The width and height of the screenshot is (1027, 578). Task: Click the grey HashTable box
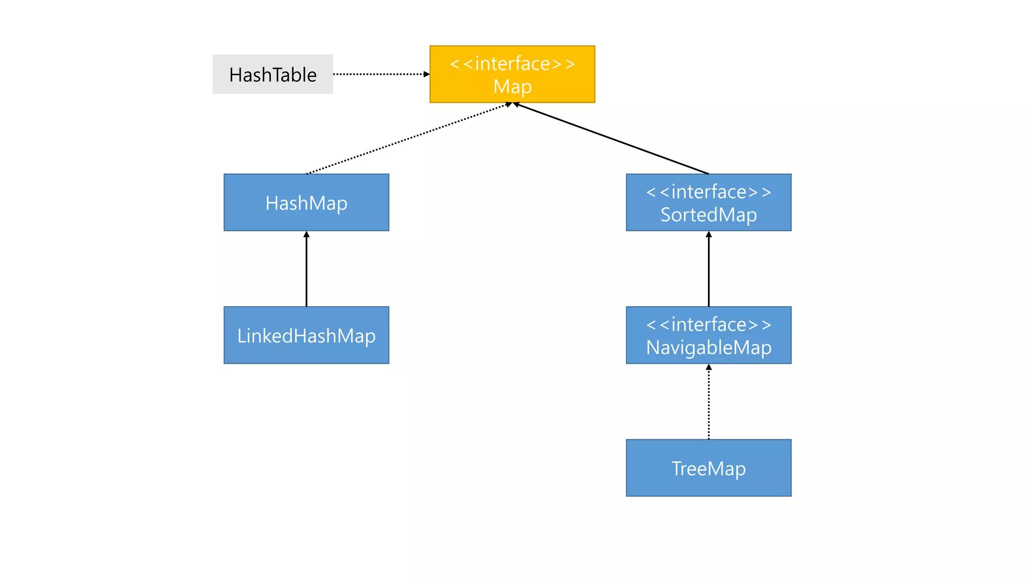pyautogui.click(x=272, y=74)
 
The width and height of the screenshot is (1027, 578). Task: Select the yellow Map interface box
pyautogui.click(x=512, y=74)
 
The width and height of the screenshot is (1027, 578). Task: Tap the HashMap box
pyautogui.click(x=306, y=203)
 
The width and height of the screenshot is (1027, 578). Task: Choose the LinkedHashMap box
pyautogui.click(x=306, y=335)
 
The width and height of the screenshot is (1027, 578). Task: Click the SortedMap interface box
pyautogui.click(x=708, y=203)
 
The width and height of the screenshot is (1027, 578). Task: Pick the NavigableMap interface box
pyautogui.click(x=708, y=335)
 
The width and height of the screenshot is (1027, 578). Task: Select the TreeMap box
pyautogui.click(x=708, y=468)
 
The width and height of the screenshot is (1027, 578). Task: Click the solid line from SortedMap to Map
pyautogui.click(x=612, y=139)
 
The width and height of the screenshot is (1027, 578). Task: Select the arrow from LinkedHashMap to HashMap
pyautogui.click(x=306, y=271)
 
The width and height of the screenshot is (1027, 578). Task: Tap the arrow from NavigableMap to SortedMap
pyautogui.click(x=709, y=271)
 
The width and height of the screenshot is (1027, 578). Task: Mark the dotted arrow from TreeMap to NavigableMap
pyautogui.click(x=709, y=404)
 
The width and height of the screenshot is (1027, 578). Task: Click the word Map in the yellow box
pyautogui.click(x=512, y=87)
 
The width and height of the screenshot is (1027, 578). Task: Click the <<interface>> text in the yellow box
pyautogui.click(x=512, y=64)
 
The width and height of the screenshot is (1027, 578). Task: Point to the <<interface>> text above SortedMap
pyautogui.click(x=708, y=192)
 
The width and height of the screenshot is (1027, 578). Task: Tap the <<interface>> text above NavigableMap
pyautogui.click(x=708, y=325)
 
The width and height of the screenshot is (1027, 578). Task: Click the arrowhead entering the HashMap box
pyautogui.click(x=306, y=234)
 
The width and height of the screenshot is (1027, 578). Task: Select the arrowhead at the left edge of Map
pyautogui.click(x=426, y=74)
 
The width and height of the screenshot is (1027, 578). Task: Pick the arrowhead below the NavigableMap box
pyautogui.click(x=709, y=367)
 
